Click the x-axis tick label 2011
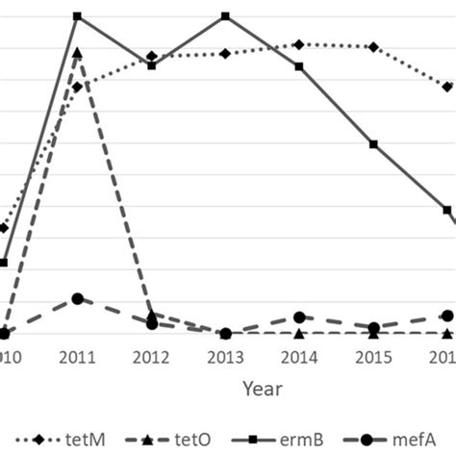coord(77,357)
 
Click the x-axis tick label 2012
coord(151,357)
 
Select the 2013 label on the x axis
coord(225,357)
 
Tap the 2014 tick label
coord(299,357)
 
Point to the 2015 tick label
coord(373,357)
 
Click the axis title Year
coord(262,390)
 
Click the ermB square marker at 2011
coord(77,16)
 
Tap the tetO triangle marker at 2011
coord(77,53)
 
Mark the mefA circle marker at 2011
coord(77,299)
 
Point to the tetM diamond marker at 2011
coord(77,88)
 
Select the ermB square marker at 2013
coord(225,16)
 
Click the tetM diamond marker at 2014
coord(299,44)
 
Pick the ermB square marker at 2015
coord(373,144)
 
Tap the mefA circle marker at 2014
coord(299,317)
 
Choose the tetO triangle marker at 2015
coord(373,334)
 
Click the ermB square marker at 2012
coord(151,65)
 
